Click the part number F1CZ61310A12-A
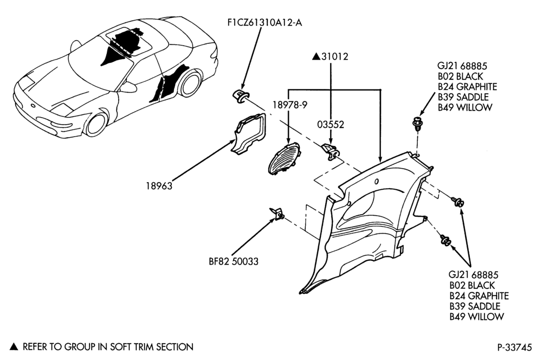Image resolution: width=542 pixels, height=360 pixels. (x=265, y=23)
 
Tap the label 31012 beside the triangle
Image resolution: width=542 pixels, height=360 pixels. (x=334, y=56)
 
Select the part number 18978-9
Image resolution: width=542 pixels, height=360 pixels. (x=289, y=105)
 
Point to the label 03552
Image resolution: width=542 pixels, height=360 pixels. (x=331, y=124)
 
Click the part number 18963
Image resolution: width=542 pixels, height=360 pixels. (x=159, y=186)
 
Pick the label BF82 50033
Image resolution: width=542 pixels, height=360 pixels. (x=234, y=261)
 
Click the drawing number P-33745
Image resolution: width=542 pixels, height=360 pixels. (x=515, y=347)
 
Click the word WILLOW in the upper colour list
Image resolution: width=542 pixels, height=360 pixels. (x=474, y=107)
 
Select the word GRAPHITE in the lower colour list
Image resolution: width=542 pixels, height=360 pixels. (x=488, y=295)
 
